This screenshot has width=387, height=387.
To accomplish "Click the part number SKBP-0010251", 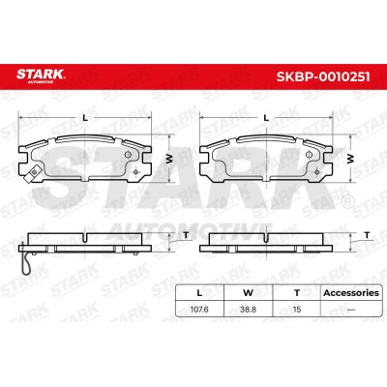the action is tap(323, 76).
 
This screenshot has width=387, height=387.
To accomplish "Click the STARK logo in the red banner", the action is tap(41, 75).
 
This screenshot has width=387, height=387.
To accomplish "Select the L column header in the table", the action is tap(199, 293).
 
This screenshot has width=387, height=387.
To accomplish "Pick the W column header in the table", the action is tap(248, 293).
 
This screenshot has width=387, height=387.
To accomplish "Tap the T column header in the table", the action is tap(297, 293).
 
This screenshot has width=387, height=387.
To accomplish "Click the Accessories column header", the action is tap(351, 293).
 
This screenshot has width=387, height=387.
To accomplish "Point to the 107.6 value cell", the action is tap(199, 310).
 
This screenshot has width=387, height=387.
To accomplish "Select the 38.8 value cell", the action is tap(248, 310).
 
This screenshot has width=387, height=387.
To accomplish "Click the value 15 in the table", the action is tap(297, 310).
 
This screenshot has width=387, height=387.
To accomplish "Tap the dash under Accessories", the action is tap(351, 310).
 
